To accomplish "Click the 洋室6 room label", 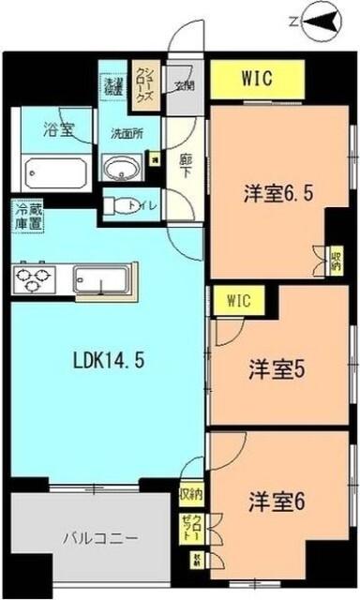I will pos(277,501).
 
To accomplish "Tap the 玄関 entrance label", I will pos(183,87).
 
